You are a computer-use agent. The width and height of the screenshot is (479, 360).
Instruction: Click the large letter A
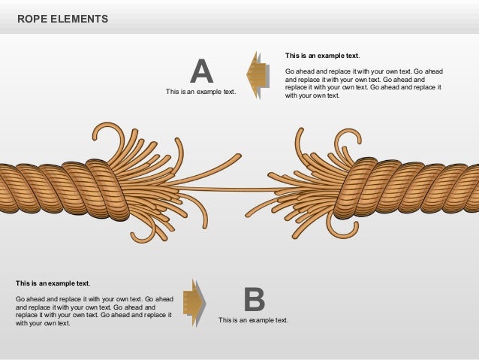pyautogui.click(x=201, y=71)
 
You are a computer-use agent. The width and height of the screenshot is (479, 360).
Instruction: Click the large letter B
pyautogui.click(x=254, y=300)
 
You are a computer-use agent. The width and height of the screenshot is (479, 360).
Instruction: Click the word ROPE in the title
pyautogui.click(x=32, y=17)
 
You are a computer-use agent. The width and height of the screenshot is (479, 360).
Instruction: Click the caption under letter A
pyautogui.click(x=200, y=92)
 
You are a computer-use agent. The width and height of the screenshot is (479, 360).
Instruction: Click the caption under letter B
pyautogui.click(x=253, y=320)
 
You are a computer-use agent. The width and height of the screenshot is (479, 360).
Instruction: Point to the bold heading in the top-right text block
pyautogui.click(x=322, y=56)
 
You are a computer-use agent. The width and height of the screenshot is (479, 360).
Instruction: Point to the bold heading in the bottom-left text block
pyautogui.click(x=53, y=283)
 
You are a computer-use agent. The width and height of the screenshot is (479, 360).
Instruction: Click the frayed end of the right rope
pyautogui.click(x=315, y=184)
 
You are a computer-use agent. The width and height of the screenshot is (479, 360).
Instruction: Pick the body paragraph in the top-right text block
pyautogui.click(x=363, y=83)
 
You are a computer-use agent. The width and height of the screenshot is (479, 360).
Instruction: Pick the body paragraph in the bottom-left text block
pyautogui.click(x=94, y=311)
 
